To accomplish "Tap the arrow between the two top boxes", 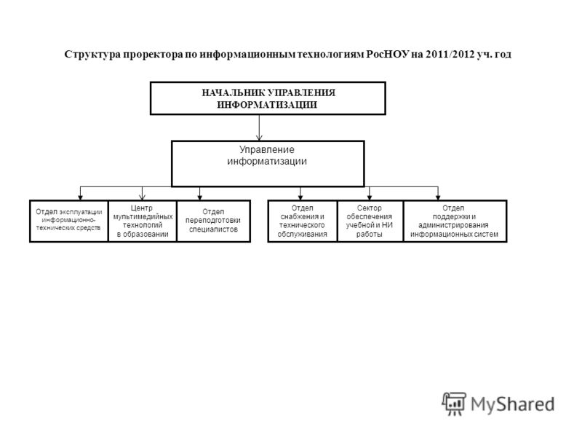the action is [259, 127].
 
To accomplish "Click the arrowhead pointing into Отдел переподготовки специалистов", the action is [199, 197].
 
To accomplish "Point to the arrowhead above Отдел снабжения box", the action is [300, 197].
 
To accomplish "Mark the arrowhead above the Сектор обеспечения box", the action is [370, 197].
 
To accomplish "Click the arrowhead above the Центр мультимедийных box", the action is [142, 197].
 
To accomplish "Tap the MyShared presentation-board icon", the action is [454, 403].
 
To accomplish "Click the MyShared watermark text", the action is [513, 404].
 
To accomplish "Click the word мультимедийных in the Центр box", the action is [143, 216].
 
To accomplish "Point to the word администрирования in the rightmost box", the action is [453, 225].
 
